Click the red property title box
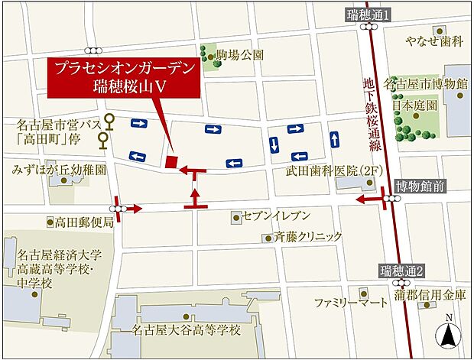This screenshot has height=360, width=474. (123, 76)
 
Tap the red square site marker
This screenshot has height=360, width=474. (171, 161)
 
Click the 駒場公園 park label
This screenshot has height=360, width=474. (240, 55)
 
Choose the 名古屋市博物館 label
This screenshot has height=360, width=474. (430, 83)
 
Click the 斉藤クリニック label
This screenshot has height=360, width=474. (309, 238)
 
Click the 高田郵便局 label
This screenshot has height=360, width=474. (83, 222)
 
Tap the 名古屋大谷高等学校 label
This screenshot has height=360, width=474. (186, 330)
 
